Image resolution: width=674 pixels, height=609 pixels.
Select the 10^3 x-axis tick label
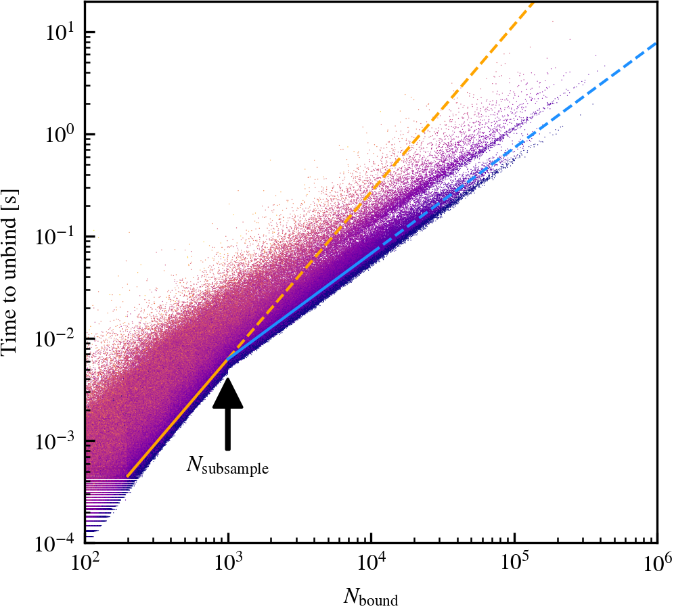[x=229, y=561]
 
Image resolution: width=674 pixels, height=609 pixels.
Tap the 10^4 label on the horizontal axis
[x=372, y=561]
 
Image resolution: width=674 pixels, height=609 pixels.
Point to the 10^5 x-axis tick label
[x=514, y=561]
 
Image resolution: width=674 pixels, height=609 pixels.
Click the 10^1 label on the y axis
[x=60, y=31]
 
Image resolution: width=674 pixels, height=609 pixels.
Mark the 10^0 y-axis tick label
[x=60, y=133]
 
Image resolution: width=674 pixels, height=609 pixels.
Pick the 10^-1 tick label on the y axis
[x=57, y=235]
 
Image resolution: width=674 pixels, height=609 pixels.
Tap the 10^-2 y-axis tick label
[x=57, y=338]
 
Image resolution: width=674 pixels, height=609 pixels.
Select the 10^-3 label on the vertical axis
[x=57, y=440]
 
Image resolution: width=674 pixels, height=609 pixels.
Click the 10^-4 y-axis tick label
[x=57, y=541]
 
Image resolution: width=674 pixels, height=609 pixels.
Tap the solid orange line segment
[x=177, y=418]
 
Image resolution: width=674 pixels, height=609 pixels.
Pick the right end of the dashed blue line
[x=656, y=43]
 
